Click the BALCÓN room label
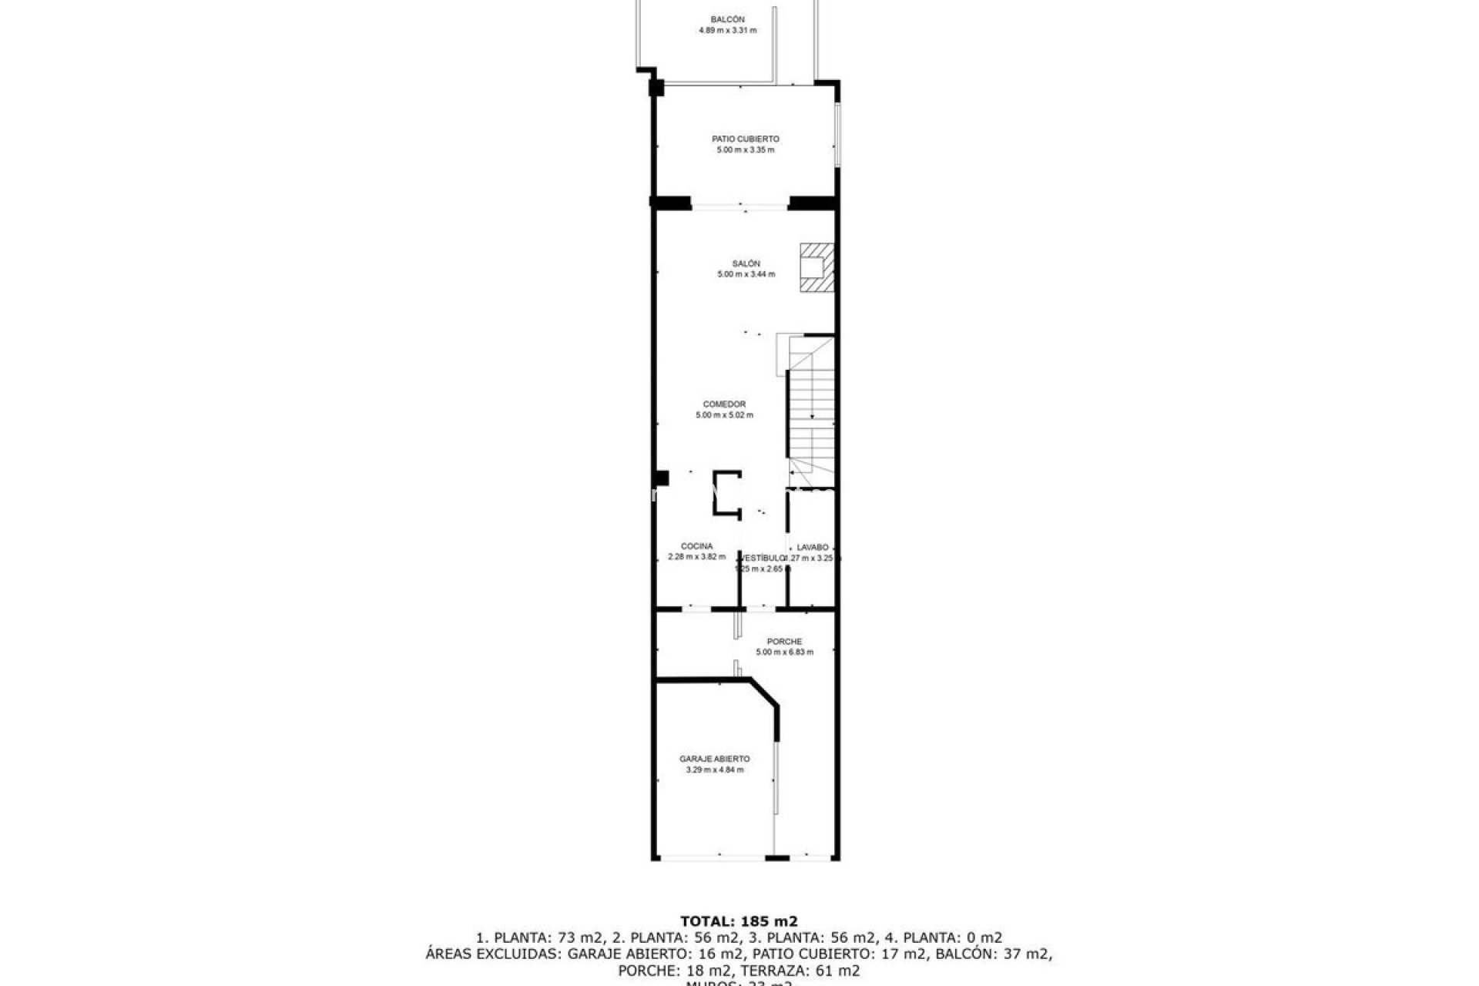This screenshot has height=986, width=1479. (x=727, y=20)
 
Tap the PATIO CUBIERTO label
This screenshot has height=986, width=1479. (x=745, y=139)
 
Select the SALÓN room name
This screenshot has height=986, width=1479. (x=746, y=263)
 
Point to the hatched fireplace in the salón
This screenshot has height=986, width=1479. (x=817, y=268)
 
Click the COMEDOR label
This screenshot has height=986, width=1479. (x=724, y=404)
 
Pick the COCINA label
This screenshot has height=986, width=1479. (x=696, y=546)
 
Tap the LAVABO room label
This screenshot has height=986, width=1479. (x=813, y=548)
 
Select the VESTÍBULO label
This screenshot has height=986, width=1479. (x=762, y=558)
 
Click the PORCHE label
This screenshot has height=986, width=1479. (x=784, y=642)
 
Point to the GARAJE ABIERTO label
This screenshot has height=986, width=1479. (x=714, y=759)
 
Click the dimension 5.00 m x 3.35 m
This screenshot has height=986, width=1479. (x=745, y=150)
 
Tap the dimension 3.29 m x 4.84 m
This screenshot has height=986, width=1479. (x=714, y=770)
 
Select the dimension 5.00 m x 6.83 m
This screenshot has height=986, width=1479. (x=784, y=652)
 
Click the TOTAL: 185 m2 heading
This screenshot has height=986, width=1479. (x=739, y=921)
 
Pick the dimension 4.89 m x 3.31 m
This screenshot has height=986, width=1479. (x=727, y=31)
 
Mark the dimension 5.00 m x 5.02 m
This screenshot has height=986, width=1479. (x=724, y=415)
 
